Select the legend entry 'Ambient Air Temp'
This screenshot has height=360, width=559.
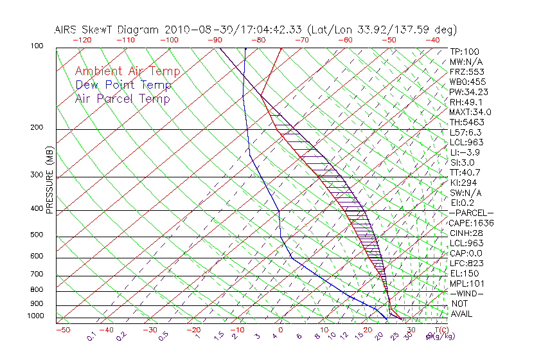[x=127, y=71]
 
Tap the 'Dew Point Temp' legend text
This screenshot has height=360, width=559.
[x=123, y=85]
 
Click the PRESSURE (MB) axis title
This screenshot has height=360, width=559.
[x=50, y=181]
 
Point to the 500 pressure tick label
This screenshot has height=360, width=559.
[x=37, y=235]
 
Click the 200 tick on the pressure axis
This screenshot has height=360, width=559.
[x=37, y=127]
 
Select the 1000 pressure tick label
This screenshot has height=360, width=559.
[x=35, y=316]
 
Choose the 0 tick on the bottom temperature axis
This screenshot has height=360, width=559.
[x=281, y=330]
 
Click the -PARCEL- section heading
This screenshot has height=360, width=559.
[x=471, y=213]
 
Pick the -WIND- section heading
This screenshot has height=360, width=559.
[x=466, y=293]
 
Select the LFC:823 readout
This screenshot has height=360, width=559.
[x=466, y=263]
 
